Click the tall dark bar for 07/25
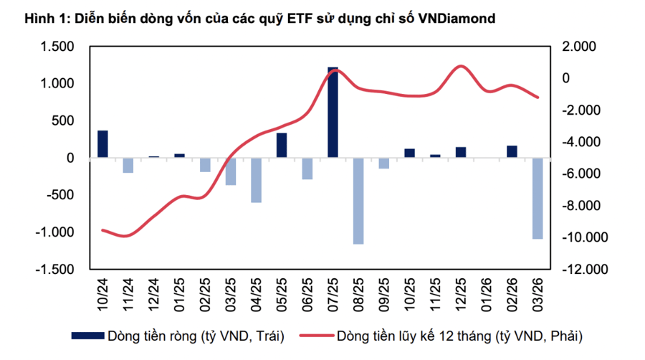point(333,112)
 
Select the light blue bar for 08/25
point(358,201)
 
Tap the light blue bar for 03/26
point(537,198)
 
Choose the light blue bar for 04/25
point(256,180)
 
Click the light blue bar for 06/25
point(307,169)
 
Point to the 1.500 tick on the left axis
point(59,47)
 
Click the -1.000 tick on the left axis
point(57,232)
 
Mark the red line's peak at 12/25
point(461,67)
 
